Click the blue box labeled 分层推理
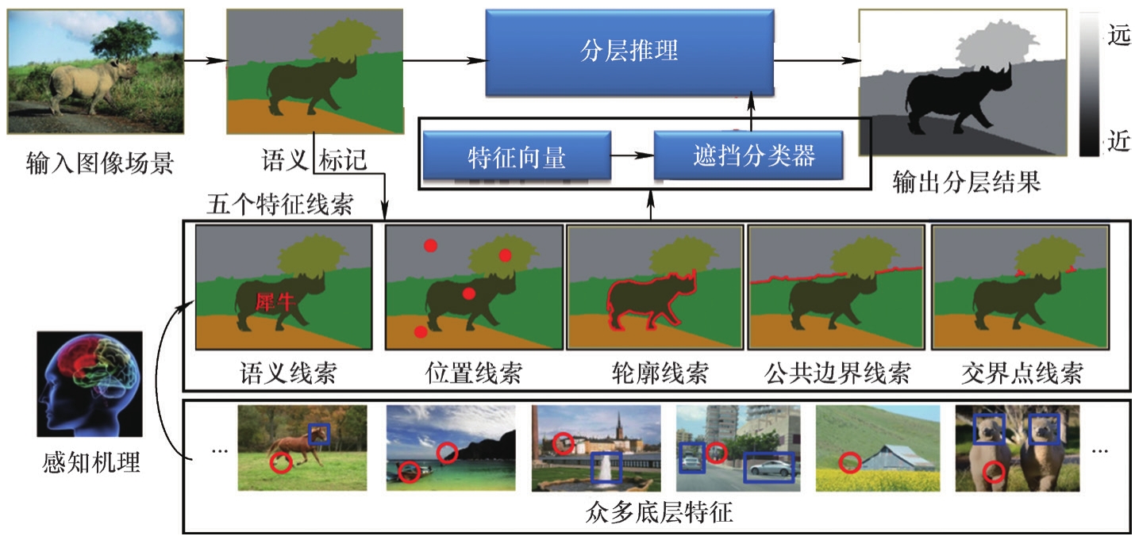tap(629, 53)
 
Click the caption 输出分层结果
tap(966, 183)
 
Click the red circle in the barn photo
tap(850, 461)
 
